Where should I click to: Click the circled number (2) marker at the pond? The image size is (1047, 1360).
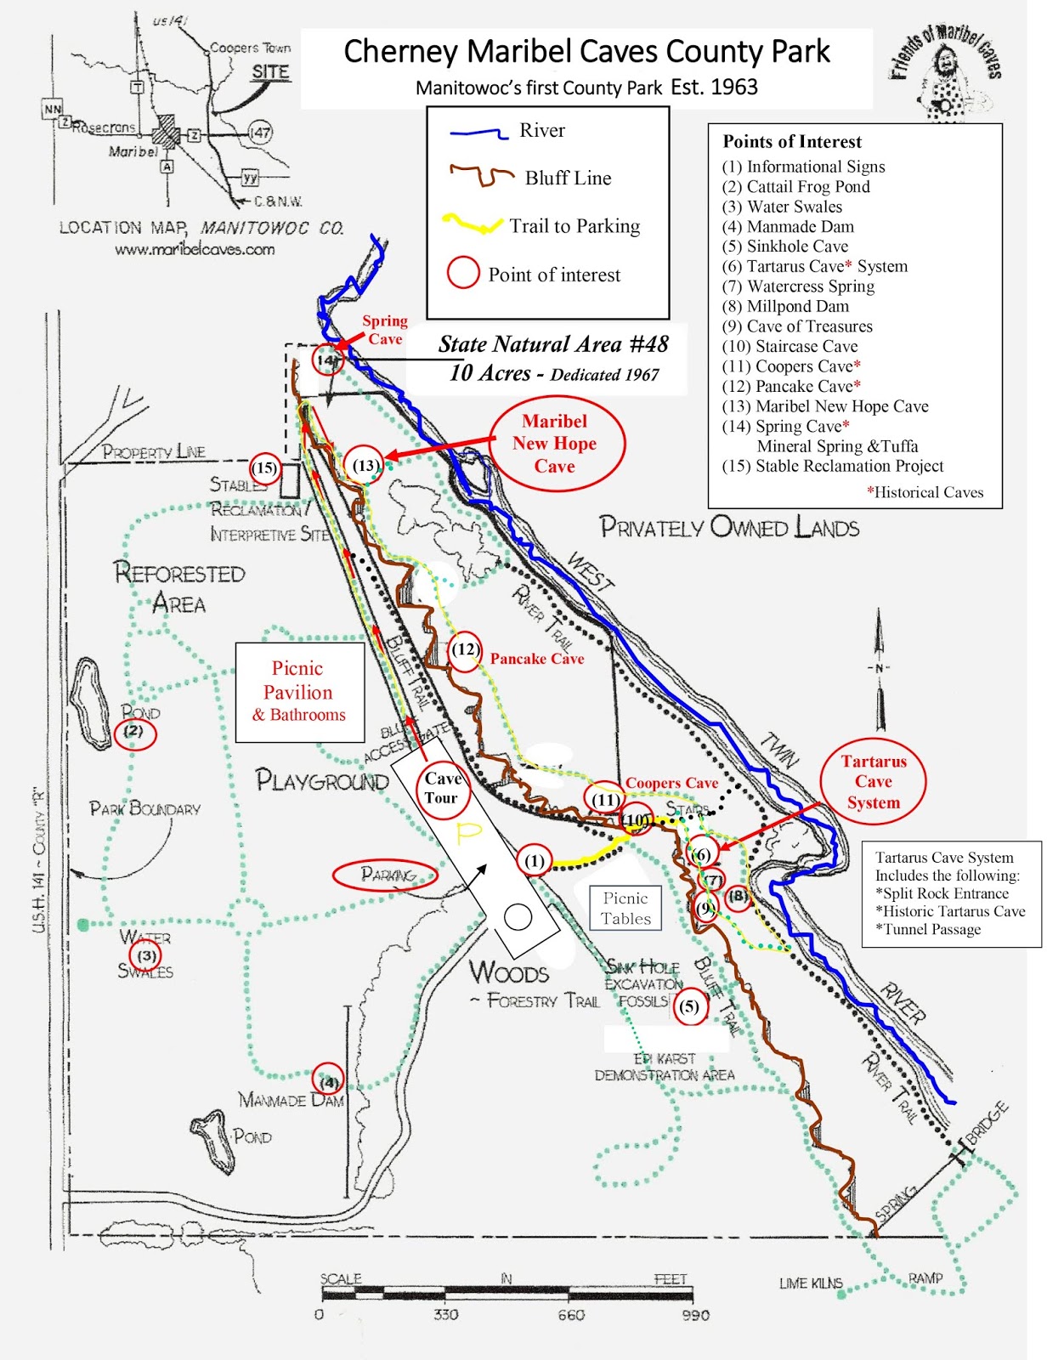coord(135,732)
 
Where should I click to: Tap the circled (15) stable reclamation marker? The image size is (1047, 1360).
coord(265,467)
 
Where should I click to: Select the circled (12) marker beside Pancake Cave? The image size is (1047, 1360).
coord(465,651)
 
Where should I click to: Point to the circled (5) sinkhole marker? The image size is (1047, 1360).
coord(689,1007)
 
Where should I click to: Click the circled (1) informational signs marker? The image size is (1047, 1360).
coord(534,862)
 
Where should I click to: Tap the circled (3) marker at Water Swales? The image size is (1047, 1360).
coord(147,955)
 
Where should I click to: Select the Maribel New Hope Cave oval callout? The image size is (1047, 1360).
coord(555,444)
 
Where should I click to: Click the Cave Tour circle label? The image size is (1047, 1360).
coord(442,789)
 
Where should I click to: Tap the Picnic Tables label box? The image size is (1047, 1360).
coord(625,909)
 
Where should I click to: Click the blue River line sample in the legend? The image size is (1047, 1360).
coord(478,133)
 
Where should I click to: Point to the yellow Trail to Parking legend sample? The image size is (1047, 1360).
coord(471,225)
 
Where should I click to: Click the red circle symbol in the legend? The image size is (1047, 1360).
coord(463,274)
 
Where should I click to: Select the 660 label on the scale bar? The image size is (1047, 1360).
coord(571,1315)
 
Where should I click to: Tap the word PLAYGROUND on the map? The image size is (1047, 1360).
coord(322,780)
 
